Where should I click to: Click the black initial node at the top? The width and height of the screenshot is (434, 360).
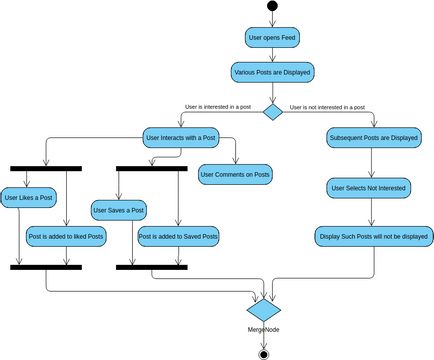pos(272,7)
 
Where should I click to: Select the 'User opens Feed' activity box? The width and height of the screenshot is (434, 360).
pos(272,38)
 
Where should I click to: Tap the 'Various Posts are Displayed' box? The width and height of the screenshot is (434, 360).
pos(272,72)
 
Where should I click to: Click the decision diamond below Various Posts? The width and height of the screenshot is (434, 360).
pos(272,111)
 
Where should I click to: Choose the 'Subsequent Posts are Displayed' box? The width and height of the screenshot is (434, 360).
pos(373,138)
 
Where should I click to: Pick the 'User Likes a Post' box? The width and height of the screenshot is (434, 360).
pos(28,198)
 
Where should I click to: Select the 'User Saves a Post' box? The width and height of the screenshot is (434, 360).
pos(119,210)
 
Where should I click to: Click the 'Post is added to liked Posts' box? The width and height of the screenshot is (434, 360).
pos(65,236)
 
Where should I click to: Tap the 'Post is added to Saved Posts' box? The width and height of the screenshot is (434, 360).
pos(178,236)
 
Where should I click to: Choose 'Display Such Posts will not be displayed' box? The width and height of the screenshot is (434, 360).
pos(373,236)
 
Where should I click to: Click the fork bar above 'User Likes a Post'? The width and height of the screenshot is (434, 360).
pos(46,168)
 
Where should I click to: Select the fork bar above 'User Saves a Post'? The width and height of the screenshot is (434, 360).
pos(152,168)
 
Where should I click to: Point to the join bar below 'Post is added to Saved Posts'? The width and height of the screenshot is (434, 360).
pos(152,267)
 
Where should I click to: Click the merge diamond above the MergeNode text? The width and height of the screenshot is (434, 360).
pos(264,306)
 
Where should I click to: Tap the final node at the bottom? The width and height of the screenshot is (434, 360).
pos(264,352)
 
